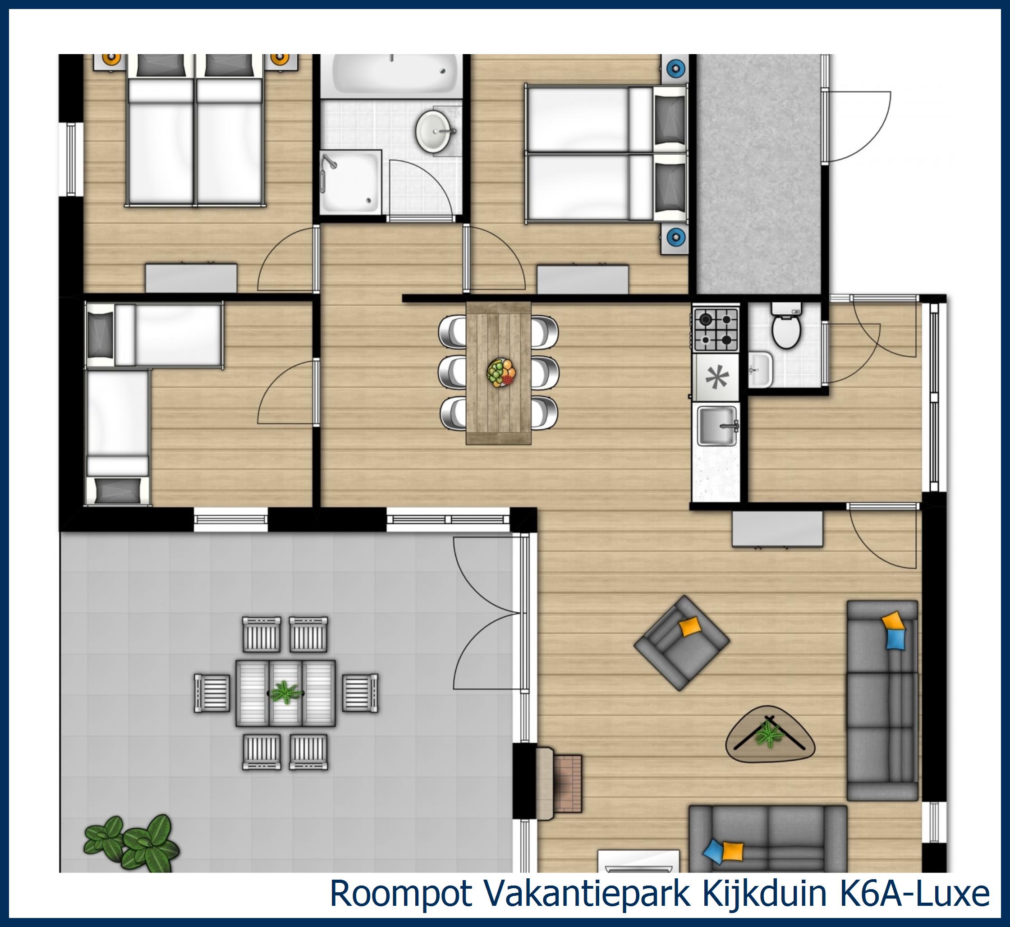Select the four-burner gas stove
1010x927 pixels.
(716, 329)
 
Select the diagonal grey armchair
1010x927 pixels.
(681, 642)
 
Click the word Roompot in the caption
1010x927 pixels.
(401, 893)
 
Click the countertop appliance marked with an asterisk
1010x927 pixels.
(716, 378)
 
